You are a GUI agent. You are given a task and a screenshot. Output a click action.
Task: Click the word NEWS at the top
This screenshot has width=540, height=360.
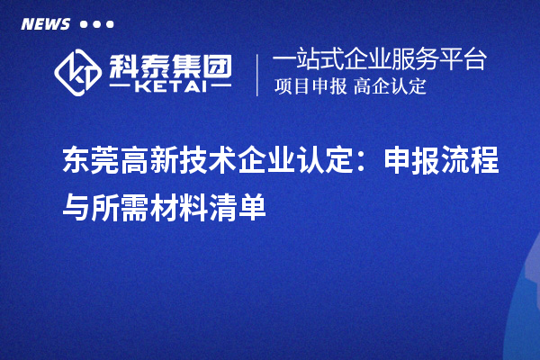point(45,23)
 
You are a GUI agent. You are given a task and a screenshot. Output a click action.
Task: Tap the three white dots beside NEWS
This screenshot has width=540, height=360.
point(97,24)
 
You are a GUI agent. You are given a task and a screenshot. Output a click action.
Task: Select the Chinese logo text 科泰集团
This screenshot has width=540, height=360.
point(169,64)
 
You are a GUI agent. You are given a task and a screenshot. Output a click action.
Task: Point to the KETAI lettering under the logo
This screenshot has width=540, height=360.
point(168,87)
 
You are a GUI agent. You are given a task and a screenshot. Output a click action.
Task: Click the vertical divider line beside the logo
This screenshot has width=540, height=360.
point(258,74)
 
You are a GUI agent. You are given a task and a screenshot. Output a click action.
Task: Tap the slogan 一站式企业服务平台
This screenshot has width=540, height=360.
point(379,60)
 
